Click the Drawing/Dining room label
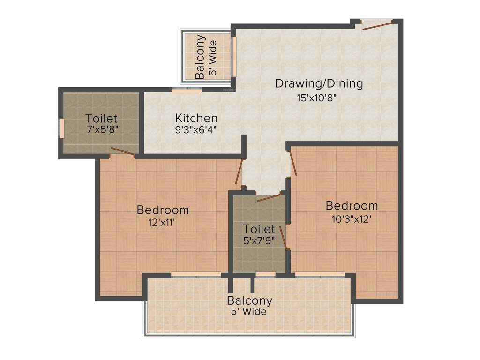(x=319, y=83)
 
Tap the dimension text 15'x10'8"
(x=317, y=98)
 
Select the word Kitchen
(x=196, y=118)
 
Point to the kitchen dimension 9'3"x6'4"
(x=196, y=130)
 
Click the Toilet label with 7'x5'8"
(x=101, y=118)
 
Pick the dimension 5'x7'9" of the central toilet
(x=259, y=241)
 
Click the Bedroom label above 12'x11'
(x=163, y=210)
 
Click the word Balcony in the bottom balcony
(x=249, y=300)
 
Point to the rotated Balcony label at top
(x=200, y=57)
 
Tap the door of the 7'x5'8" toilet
(x=123, y=150)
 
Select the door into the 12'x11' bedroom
(x=240, y=172)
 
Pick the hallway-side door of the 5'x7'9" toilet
(x=269, y=197)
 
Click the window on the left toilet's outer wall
(x=60, y=127)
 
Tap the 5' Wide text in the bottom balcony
(x=248, y=312)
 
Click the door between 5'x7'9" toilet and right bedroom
(x=283, y=235)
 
